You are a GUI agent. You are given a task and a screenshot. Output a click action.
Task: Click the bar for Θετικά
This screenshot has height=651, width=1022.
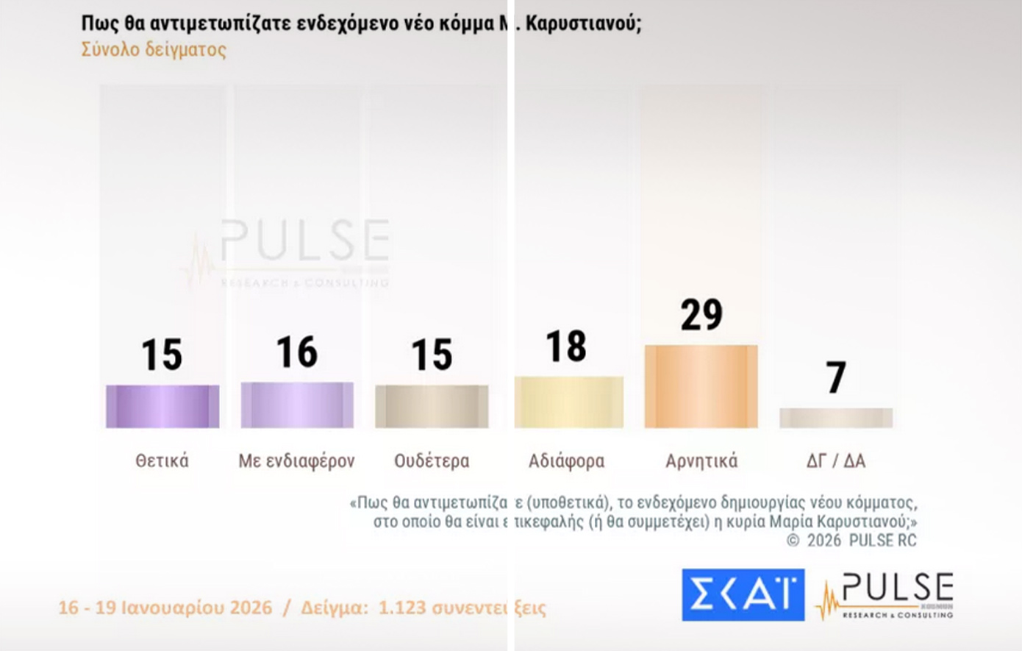162,406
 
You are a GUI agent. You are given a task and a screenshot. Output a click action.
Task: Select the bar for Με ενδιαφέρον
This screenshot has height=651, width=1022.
297,405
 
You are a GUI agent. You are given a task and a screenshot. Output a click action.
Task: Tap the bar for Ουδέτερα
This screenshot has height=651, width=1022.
432,406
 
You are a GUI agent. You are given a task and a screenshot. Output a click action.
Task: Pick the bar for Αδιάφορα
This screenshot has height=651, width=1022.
568,402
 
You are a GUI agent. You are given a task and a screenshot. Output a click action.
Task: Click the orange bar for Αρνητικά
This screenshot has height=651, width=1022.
701,386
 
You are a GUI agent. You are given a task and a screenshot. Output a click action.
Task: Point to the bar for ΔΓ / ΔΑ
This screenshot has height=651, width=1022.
836,418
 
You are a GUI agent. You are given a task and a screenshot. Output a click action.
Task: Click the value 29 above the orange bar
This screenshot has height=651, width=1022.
701,315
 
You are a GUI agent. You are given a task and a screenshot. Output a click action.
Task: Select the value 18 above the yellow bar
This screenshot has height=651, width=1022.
566,346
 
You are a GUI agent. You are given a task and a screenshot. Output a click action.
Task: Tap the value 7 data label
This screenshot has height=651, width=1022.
836,378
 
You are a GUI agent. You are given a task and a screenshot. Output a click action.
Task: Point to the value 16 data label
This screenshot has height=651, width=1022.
297,352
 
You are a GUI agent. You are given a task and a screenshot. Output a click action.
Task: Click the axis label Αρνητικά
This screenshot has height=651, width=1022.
701,461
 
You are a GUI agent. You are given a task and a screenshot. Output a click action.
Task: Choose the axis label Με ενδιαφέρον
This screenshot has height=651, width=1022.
296,461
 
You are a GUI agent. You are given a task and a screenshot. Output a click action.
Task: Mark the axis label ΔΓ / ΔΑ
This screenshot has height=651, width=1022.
836,461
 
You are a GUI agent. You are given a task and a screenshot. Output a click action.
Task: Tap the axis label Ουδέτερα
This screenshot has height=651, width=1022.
432,461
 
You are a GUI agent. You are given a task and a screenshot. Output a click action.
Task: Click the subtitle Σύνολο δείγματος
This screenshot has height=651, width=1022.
154,49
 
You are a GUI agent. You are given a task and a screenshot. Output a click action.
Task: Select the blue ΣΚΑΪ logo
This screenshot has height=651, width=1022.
743,594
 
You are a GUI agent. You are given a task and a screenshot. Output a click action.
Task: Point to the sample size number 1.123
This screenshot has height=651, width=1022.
401,608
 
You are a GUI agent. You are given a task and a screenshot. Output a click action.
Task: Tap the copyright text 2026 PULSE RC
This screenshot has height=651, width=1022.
861,541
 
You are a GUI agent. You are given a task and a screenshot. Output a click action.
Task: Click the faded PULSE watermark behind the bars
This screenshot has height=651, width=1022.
303,241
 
